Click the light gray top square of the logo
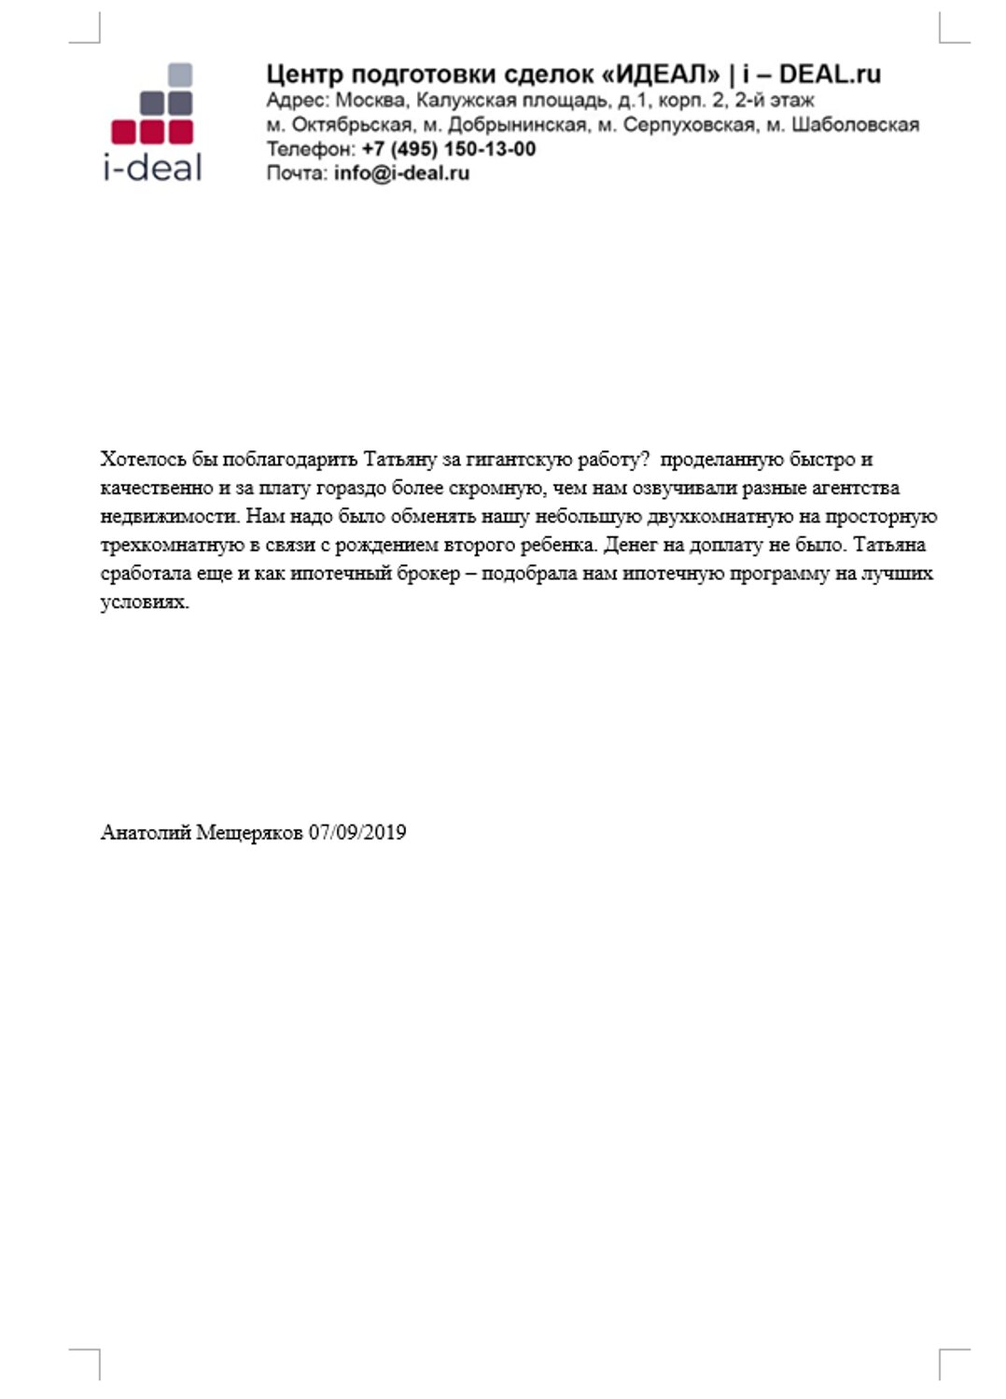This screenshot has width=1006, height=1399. (179, 75)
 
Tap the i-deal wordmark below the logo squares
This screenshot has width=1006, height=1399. (152, 167)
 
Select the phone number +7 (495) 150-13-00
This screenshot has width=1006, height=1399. (449, 149)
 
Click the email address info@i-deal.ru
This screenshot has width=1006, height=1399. (401, 173)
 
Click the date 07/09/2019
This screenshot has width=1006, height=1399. (357, 832)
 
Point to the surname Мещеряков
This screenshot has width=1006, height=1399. (249, 832)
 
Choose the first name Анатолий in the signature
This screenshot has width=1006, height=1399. (145, 832)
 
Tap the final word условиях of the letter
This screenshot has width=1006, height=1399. (145, 602)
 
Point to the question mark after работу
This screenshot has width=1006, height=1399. (643, 459)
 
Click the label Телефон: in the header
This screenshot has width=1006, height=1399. (311, 149)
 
